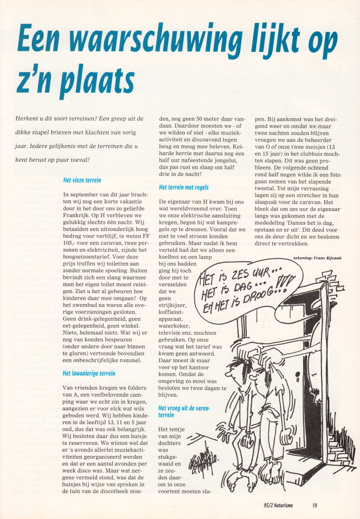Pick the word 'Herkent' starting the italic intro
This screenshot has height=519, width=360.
(29, 118)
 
